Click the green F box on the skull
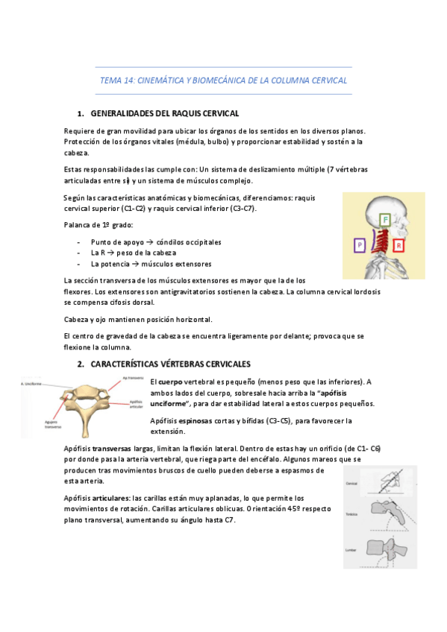pos(384,220)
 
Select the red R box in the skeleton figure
pos(398,244)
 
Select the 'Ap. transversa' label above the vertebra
pos(132,378)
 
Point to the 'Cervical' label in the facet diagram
pos(351,484)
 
